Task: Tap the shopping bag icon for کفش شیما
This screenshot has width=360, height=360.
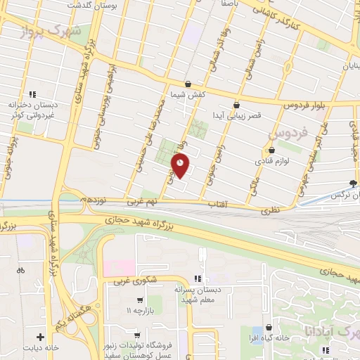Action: coord(187,83)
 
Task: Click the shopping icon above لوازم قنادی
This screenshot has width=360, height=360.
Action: coord(271,150)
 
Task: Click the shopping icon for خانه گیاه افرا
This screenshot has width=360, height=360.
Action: coord(269,327)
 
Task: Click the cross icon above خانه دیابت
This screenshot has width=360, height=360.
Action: coord(41,337)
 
